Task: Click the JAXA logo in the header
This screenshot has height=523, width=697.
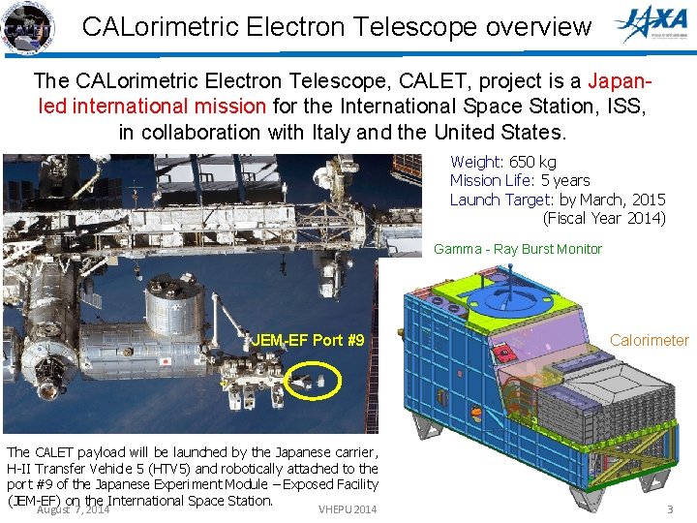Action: click(x=653, y=26)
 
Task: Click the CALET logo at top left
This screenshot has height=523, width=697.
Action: click(x=27, y=26)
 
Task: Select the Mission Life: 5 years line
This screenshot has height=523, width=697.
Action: click(x=519, y=180)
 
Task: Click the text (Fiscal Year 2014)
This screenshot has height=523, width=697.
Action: click(x=604, y=218)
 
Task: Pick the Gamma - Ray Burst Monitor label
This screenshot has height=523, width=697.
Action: click(x=517, y=249)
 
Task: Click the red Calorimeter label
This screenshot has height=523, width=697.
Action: click(x=649, y=340)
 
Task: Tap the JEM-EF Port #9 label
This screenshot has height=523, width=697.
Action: click(x=308, y=341)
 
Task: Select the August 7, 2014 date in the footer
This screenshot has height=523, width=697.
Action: click(x=73, y=509)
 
